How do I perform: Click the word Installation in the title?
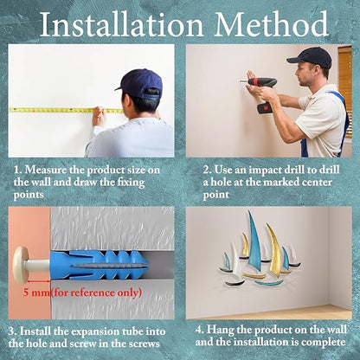click(x=121, y=24)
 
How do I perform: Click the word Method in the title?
click(x=271, y=24)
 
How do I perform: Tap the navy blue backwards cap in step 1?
click(x=141, y=83)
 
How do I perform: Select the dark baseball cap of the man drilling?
click(x=310, y=57)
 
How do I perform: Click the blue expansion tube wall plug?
click(x=99, y=265)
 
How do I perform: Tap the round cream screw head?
click(x=21, y=265)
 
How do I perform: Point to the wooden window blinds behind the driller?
click(x=345, y=83)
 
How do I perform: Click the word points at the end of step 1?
click(x=29, y=196)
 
